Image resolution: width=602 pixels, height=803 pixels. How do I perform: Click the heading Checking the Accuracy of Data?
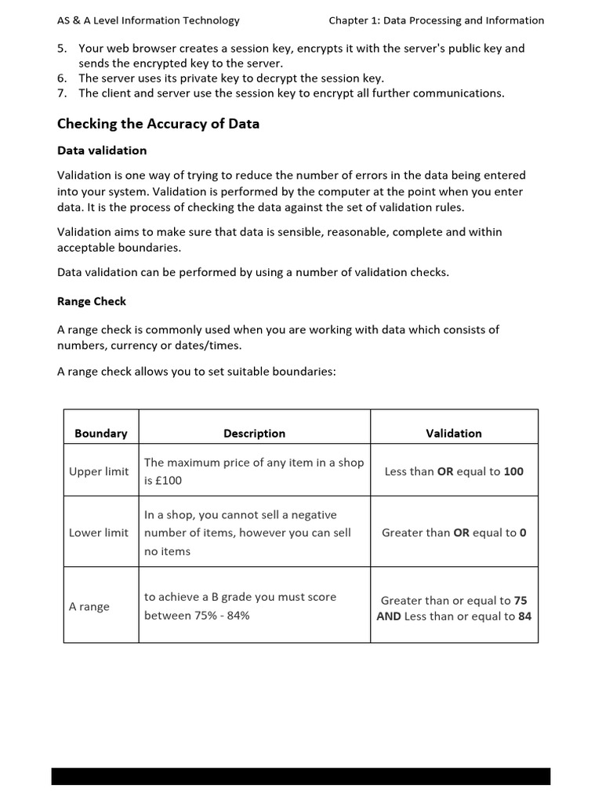[158, 124]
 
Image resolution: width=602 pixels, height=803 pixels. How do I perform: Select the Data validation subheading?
[102, 150]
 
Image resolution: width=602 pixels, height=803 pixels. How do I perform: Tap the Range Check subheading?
[92, 301]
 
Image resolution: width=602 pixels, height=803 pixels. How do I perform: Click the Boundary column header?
[100, 433]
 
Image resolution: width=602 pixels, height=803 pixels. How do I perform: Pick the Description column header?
[254, 433]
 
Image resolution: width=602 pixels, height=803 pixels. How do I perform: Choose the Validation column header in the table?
[453, 433]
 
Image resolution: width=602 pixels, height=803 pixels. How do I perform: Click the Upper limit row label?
[99, 471]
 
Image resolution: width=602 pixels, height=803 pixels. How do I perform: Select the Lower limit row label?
[99, 532]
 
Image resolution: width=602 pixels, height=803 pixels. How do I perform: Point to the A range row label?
[89, 606]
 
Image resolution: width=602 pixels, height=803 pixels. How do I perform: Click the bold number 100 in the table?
[513, 471]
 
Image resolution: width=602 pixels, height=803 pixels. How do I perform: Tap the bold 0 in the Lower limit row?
[523, 532]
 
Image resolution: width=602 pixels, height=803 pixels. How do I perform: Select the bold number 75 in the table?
[520, 601]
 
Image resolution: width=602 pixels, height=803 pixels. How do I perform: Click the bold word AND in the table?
[389, 616]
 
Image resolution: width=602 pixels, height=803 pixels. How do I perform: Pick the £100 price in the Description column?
[168, 480]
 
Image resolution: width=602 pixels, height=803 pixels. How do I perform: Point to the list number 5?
[62, 49]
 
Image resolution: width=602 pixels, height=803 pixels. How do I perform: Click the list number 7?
[62, 93]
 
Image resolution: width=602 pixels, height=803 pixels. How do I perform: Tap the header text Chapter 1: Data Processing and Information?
[436, 20]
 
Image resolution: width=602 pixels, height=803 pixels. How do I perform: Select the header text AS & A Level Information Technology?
[149, 20]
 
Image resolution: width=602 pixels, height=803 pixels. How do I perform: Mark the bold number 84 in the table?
[524, 616]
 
